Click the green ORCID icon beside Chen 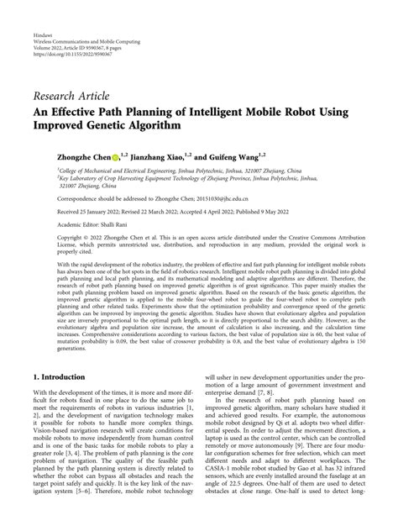coord(116,155)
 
